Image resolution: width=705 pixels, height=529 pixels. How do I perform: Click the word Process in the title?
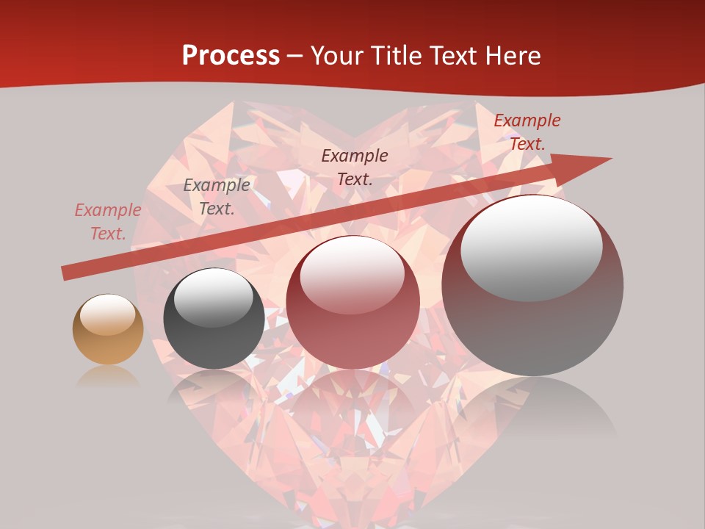click(231, 55)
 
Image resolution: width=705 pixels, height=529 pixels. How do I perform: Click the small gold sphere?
click(108, 329)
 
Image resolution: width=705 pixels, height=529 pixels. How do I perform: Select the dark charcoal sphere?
click(214, 318)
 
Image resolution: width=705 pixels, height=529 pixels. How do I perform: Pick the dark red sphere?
click(352, 302)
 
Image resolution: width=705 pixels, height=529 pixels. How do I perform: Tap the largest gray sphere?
click(532, 285)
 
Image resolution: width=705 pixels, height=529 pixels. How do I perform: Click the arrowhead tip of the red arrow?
click(610, 159)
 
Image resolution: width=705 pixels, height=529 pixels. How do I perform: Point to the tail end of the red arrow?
click(65, 273)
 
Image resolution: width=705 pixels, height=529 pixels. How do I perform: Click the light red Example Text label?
click(108, 222)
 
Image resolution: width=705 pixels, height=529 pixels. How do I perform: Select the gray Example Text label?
click(217, 197)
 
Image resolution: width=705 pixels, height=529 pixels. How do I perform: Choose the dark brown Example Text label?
click(355, 167)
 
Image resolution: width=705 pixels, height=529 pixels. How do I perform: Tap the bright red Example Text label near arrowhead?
click(527, 132)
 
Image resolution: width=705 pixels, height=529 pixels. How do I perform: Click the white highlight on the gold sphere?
click(108, 314)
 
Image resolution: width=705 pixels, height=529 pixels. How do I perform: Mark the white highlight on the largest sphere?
click(531, 246)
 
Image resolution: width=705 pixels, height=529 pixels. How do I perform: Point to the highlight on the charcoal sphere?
click(213, 296)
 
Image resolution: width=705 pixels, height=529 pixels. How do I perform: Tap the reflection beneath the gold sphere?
click(108, 377)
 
